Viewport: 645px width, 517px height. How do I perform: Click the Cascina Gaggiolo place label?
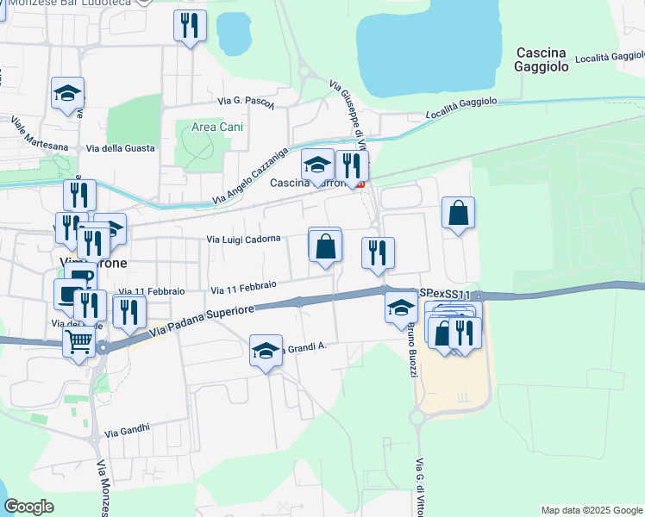(553, 59)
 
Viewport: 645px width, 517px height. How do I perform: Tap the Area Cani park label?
(216, 127)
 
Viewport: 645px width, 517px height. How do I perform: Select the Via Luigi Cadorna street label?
(243, 240)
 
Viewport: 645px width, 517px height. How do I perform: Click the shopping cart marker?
(78, 342)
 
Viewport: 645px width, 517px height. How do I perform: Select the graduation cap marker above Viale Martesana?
(67, 94)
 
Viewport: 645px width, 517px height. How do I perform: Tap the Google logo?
(28, 507)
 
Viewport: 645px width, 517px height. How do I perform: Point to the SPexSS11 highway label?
(445, 295)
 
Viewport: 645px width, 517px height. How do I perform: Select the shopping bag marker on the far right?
(458, 213)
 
